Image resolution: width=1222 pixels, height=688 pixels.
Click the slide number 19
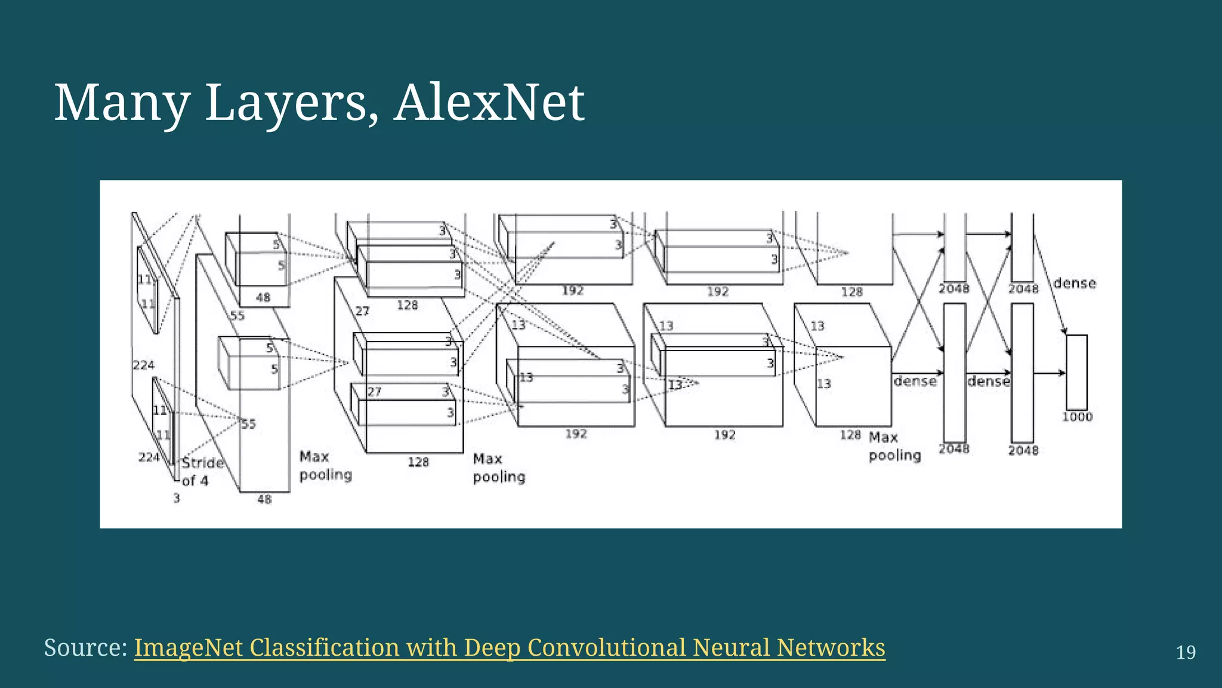pyautogui.click(x=1186, y=652)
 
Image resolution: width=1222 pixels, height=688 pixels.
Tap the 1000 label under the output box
pyautogui.click(x=1077, y=417)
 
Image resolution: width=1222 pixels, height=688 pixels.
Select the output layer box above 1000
pyautogui.click(x=1076, y=372)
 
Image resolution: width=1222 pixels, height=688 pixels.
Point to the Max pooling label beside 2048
pyautogui.click(x=894, y=446)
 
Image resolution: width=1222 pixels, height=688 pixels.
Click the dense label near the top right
pyautogui.click(x=1074, y=283)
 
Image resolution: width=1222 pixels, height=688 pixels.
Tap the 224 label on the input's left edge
pyautogui.click(x=143, y=365)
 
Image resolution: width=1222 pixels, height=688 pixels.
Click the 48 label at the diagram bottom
pyautogui.click(x=264, y=499)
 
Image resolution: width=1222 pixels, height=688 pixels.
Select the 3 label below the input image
pyautogui.click(x=177, y=498)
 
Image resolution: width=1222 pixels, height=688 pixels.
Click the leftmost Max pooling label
pyautogui.click(x=325, y=466)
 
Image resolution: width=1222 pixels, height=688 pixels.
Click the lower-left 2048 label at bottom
pyautogui.click(x=953, y=449)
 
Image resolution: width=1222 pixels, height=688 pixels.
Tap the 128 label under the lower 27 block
pyautogui.click(x=418, y=462)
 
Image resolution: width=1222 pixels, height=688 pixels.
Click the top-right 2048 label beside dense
pyautogui.click(x=1023, y=289)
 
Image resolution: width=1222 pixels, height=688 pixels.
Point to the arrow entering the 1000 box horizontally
pyautogui.click(x=1050, y=373)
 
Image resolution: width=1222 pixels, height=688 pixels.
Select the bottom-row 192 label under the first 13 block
pyautogui.click(x=576, y=434)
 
